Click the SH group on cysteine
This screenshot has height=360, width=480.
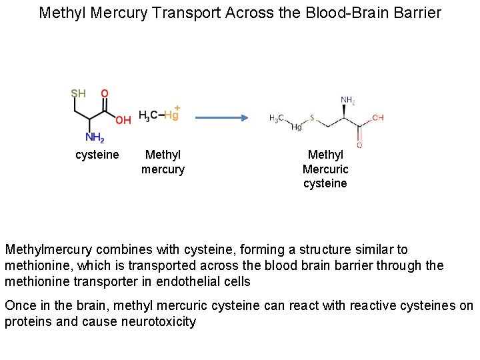[78, 93]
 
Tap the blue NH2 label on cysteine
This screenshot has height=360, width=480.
[95, 139]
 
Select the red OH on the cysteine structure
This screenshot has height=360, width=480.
[123, 120]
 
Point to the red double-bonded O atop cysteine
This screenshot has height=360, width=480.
[105, 93]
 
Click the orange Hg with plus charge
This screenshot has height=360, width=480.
[172, 114]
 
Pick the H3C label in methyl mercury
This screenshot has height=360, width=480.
[148, 115]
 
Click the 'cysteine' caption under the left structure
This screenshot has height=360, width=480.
[97, 155]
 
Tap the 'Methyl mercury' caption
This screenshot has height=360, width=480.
[163, 162]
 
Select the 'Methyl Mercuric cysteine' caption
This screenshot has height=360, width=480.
[325, 169]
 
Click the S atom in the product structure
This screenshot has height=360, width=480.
[311, 123]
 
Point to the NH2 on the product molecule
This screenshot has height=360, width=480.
[348, 101]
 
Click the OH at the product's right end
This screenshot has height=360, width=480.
[377, 118]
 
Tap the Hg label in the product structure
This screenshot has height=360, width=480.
[297, 128]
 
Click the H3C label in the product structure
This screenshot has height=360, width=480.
[276, 118]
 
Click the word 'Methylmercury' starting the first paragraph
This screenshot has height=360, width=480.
[49, 250]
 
